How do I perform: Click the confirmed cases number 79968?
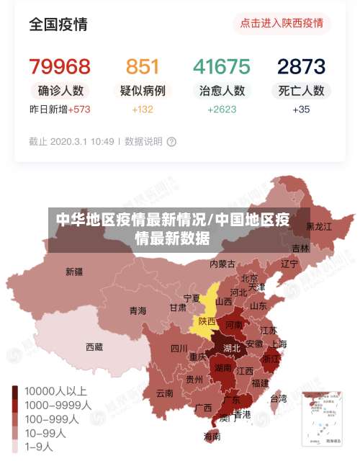pos(60,67)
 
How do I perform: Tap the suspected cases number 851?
pos(143,67)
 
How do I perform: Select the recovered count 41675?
pos(222,67)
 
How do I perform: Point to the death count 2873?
pos(301,67)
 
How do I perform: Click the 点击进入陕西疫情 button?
pos(282,23)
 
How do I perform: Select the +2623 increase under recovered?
pos(222,109)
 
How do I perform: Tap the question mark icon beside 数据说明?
pos(171,142)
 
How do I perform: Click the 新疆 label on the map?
pos(74,272)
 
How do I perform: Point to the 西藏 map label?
pos(94,346)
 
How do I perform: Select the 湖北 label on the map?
pos(231,348)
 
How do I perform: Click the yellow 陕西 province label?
pos(207,321)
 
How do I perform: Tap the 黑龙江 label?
pos(319,226)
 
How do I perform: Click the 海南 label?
pos(212,436)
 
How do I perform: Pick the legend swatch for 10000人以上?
pos(15,391)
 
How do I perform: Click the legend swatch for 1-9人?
pos(15,446)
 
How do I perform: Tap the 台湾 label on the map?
pos(278,398)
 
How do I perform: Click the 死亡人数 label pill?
pos(301,91)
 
